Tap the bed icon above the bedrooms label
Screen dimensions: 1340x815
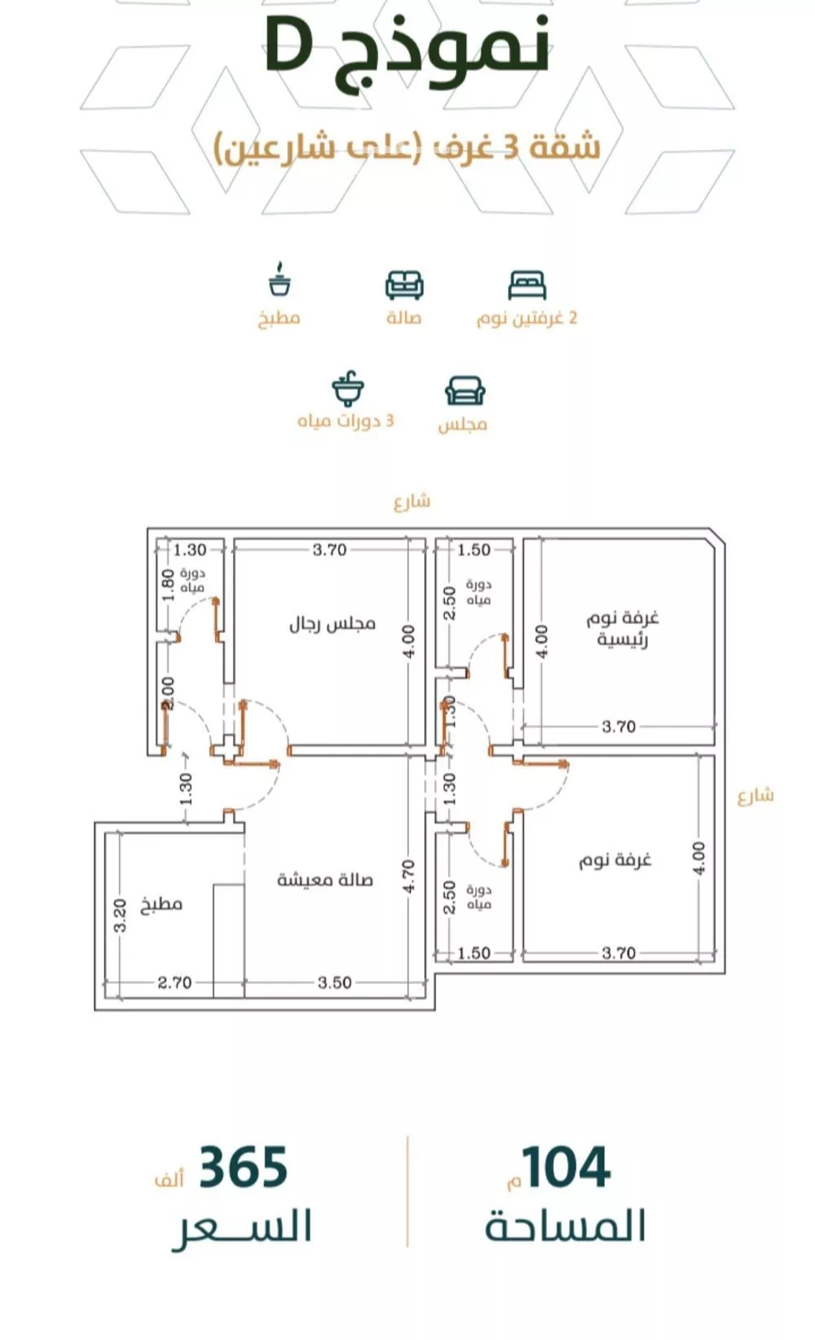pos(526,286)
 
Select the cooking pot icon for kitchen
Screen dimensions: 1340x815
pos(280,281)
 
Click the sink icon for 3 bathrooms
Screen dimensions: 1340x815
pos(348,389)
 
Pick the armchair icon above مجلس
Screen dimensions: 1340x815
pos(465,391)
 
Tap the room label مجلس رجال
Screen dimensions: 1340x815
pos(332,624)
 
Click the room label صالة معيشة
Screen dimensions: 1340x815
pos(324,880)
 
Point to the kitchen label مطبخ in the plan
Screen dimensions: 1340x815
pos(161,904)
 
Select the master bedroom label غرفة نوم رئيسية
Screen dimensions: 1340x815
pos(622,628)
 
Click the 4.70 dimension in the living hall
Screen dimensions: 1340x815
pos(408,876)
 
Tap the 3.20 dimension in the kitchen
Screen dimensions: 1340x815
pos(120,916)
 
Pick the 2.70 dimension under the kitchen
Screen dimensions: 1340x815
pos(174,982)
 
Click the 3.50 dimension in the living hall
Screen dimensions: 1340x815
pos(334,982)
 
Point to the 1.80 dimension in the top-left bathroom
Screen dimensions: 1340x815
pos(168,584)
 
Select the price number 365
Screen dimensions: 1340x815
pos(243,1167)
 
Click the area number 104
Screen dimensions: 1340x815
pos(566,1167)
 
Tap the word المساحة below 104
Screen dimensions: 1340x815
pos(566,1227)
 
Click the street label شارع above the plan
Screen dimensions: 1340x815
pos(412,502)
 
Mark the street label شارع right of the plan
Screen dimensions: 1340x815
pos(755,796)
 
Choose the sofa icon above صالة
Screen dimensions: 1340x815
pos(404,285)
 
